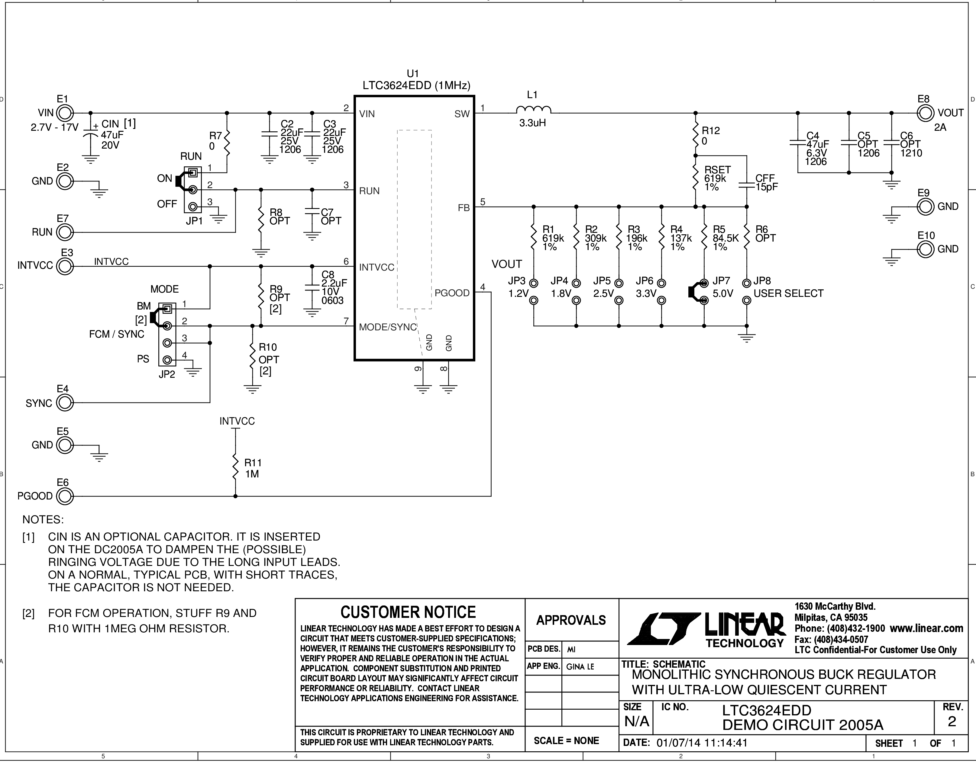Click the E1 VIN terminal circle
pos(65,113)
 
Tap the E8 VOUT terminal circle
pos(926,113)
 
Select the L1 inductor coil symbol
pos(533,110)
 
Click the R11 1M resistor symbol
pos(235,467)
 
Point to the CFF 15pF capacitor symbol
pos(746,185)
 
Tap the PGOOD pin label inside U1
pos(452,293)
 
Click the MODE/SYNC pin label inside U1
pos(388,327)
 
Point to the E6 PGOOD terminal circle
pos(65,496)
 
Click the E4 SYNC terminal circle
pos(65,403)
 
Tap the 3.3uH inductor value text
pos(532,123)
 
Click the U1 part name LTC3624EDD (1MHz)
pos(416,85)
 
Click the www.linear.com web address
pos(926,628)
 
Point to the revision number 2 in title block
pos(952,721)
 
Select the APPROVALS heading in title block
pos(571,621)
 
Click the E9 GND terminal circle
pos(926,207)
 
